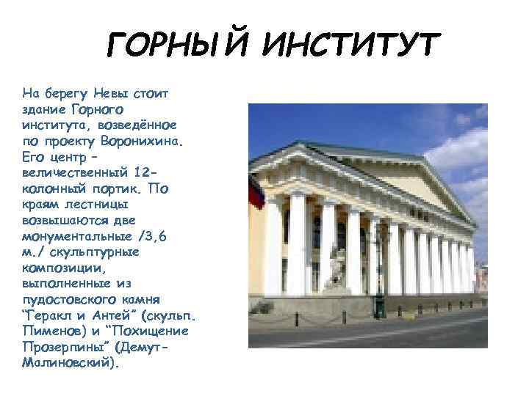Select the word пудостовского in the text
[x=70, y=298]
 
